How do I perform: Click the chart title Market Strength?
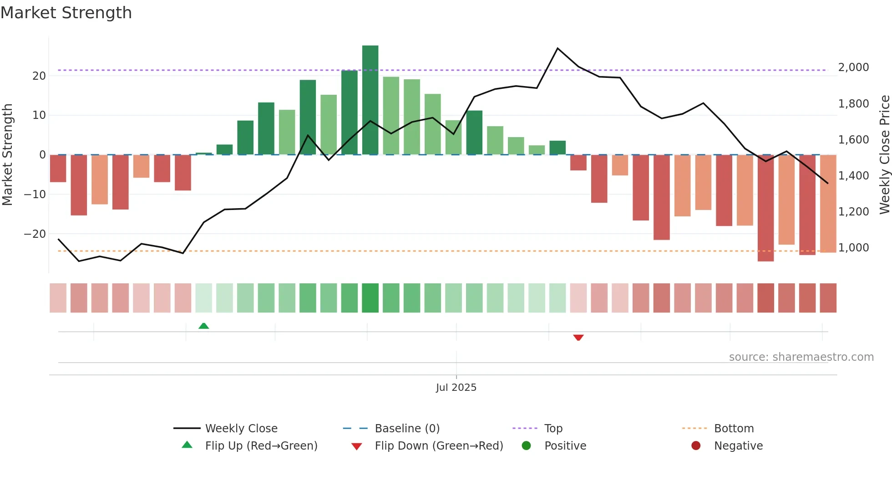(x=66, y=13)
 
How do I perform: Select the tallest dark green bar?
(x=370, y=100)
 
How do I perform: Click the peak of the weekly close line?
(x=557, y=48)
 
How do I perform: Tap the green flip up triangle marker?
(x=203, y=326)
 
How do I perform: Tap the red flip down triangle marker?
(x=578, y=338)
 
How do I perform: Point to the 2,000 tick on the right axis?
(x=853, y=67)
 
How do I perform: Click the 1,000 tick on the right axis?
(x=853, y=248)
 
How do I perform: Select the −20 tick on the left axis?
(x=35, y=234)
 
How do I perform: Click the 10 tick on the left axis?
(x=39, y=115)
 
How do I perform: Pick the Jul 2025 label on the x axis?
(x=456, y=388)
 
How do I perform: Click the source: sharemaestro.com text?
(x=801, y=357)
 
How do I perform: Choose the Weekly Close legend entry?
(x=241, y=429)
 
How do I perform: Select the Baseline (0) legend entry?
(x=407, y=429)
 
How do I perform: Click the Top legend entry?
(x=553, y=429)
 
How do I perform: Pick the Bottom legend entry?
(x=734, y=429)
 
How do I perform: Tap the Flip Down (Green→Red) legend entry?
(x=438, y=446)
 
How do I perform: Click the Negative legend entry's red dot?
(x=695, y=446)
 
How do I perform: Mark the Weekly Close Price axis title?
(x=884, y=155)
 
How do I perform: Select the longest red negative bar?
(x=765, y=208)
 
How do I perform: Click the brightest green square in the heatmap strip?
(x=370, y=298)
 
